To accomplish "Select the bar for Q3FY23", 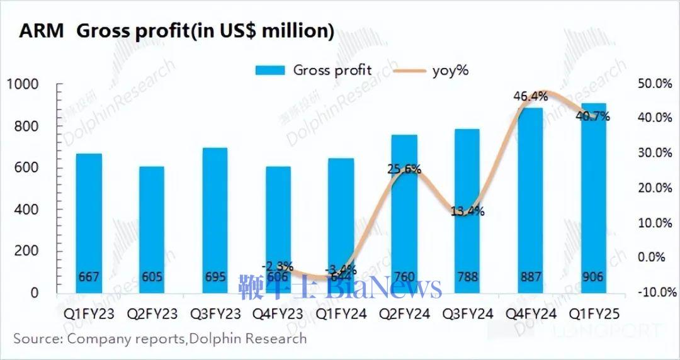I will tap(214, 220).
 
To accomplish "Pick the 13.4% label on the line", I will tap(467, 211).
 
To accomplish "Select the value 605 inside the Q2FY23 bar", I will tap(152, 277).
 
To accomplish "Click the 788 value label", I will tap(466, 277).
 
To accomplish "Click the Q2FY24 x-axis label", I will tap(404, 313).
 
